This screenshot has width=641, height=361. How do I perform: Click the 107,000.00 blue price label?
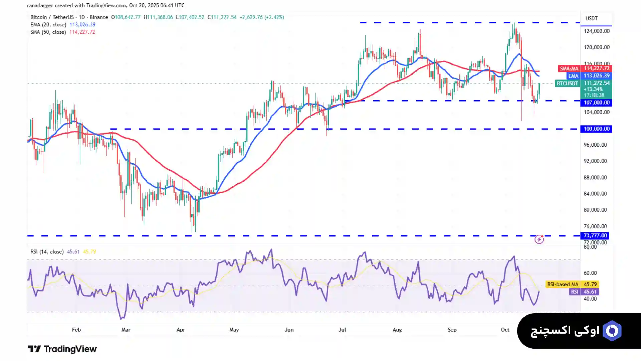coord(596,103)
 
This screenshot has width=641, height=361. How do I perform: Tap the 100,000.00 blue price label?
coord(596,129)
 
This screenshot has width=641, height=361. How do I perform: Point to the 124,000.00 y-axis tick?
coord(596,31)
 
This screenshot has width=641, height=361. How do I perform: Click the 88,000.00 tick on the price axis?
coord(595,178)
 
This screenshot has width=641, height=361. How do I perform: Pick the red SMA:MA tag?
coord(569,68)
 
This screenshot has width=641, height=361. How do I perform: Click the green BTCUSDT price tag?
coord(567,83)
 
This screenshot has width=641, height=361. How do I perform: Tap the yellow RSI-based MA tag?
coord(563,285)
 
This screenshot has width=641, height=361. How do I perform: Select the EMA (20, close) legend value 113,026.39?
coord(82,25)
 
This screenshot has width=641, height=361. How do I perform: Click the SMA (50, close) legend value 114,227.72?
coord(82,32)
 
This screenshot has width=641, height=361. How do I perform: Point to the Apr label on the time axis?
coord(181,330)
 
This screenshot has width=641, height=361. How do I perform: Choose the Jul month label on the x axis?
coord(342,330)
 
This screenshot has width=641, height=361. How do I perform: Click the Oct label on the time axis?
coord(505,330)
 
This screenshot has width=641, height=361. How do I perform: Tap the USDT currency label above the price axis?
coord(591,18)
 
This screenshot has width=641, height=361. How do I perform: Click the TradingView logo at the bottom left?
coord(62,349)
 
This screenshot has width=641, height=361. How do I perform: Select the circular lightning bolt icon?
coord(539,239)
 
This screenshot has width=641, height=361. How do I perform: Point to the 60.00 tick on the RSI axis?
coord(590,273)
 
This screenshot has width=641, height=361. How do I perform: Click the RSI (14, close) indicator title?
coord(47,252)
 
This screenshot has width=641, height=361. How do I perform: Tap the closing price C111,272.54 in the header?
coord(222,17)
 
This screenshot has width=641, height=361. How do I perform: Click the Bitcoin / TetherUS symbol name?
coord(52,17)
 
